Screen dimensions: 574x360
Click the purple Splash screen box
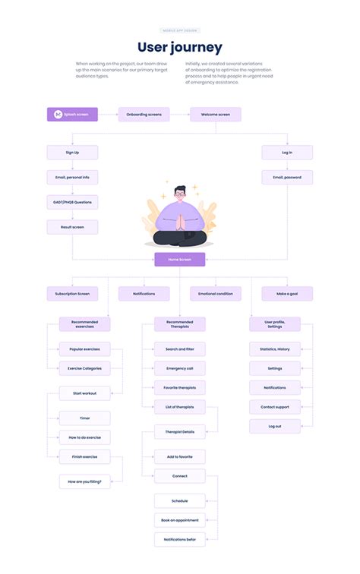point(72,115)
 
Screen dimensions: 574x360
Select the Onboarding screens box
point(144,115)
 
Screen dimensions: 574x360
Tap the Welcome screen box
point(215,115)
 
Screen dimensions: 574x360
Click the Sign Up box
point(72,153)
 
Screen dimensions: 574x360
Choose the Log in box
point(287,153)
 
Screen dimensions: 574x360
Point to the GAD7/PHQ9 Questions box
point(72,202)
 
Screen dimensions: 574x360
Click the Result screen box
point(72,227)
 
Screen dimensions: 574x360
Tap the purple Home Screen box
point(180,260)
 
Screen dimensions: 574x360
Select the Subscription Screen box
point(72,294)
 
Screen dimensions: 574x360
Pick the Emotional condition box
point(215,294)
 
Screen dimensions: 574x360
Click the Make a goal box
point(287,294)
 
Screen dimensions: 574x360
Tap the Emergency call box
point(179,368)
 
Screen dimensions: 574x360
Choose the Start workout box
point(84,393)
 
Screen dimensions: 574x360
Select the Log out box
point(275,427)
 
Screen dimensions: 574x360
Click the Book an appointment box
point(179,520)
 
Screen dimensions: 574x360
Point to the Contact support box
point(275,407)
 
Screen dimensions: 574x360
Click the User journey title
point(180,48)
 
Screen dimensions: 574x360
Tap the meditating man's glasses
point(179,194)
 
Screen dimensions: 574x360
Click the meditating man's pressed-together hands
point(179,221)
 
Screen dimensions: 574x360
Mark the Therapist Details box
point(179,431)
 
